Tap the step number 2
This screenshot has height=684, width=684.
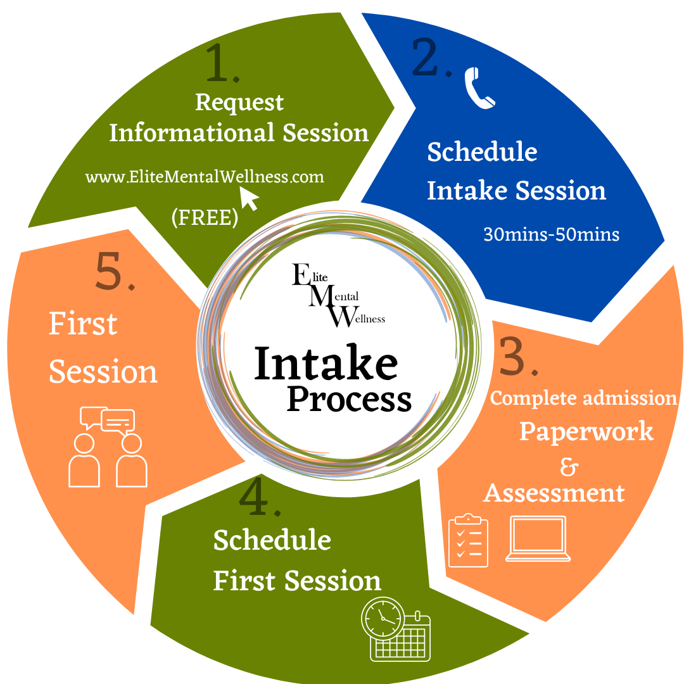pos(431,58)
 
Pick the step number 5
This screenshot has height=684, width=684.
pos(115,272)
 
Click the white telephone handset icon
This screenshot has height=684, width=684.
pos(479,89)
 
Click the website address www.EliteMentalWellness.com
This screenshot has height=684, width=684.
pos(205,177)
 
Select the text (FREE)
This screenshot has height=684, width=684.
pos(205,217)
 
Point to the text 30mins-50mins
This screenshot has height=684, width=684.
pos(551,234)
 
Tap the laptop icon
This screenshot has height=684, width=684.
pos(538,539)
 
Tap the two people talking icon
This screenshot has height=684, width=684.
pos(108,447)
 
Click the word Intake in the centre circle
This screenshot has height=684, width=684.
pos(326,364)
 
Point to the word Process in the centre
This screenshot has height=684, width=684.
pos(350,399)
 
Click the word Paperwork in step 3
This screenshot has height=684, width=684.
pos(586,431)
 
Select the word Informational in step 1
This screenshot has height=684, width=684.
pos(192,133)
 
